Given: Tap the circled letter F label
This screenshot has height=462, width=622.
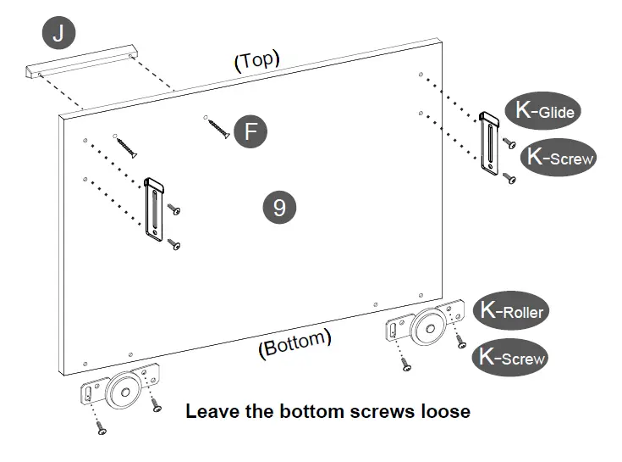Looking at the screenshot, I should tap(250, 131).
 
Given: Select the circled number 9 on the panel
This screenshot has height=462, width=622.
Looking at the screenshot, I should tap(279, 207).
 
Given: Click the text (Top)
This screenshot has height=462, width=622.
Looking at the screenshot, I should tap(256, 61).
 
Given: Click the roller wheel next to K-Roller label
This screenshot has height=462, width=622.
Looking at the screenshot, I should tap(430, 326).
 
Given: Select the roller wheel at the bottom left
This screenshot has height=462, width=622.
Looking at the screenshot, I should tap(123, 389).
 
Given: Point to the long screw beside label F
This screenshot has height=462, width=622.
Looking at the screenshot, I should tap(217, 127).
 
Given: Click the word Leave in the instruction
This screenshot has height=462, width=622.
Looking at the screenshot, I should tap(207, 412).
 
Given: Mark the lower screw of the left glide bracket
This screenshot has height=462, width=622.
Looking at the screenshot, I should tap(175, 244).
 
